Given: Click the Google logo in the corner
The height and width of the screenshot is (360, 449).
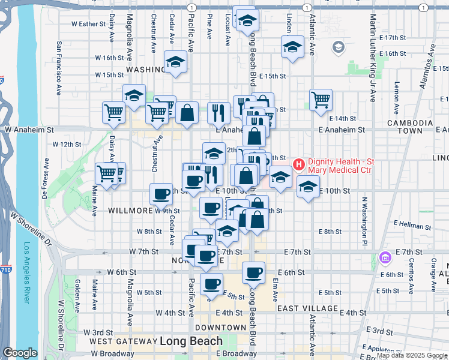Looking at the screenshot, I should coord(20,353).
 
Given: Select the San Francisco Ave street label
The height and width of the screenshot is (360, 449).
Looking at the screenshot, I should coord(59,68).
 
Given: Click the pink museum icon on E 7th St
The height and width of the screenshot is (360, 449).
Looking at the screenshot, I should coord(385,257).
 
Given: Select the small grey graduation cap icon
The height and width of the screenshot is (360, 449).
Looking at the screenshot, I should coord(338,47).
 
